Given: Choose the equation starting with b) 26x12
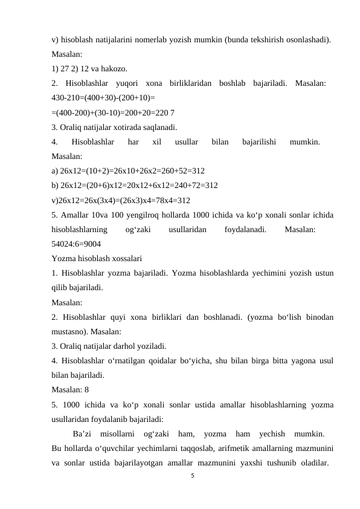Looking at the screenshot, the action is (135, 185).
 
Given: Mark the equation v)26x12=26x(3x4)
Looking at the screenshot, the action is (121, 200).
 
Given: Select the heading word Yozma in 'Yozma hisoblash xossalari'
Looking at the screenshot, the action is (63, 259).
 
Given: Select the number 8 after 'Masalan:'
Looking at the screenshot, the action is (87, 390).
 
